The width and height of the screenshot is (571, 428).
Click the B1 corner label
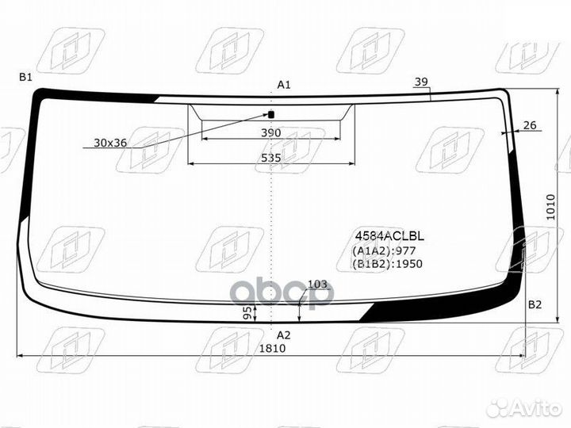pyautogui.click(x=26, y=77)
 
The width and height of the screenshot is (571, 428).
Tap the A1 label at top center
pyautogui.click(x=284, y=85)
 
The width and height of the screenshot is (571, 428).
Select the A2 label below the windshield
pyautogui.click(x=284, y=335)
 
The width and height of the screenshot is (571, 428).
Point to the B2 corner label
pyautogui.click(x=535, y=304)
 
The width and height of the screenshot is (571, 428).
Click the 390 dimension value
pyautogui.click(x=271, y=132)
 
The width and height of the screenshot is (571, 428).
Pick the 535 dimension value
pyautogui.click(x=271, y=158)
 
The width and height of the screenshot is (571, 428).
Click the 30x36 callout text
pyautogui.click(x=110, y=143)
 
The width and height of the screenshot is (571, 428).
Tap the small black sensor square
pyautogui.click(x=271, y=114)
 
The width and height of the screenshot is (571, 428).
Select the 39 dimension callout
pyautogui.click(x=421, y=82)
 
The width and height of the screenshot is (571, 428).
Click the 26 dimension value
pyautogui.click(x=530, y=125)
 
